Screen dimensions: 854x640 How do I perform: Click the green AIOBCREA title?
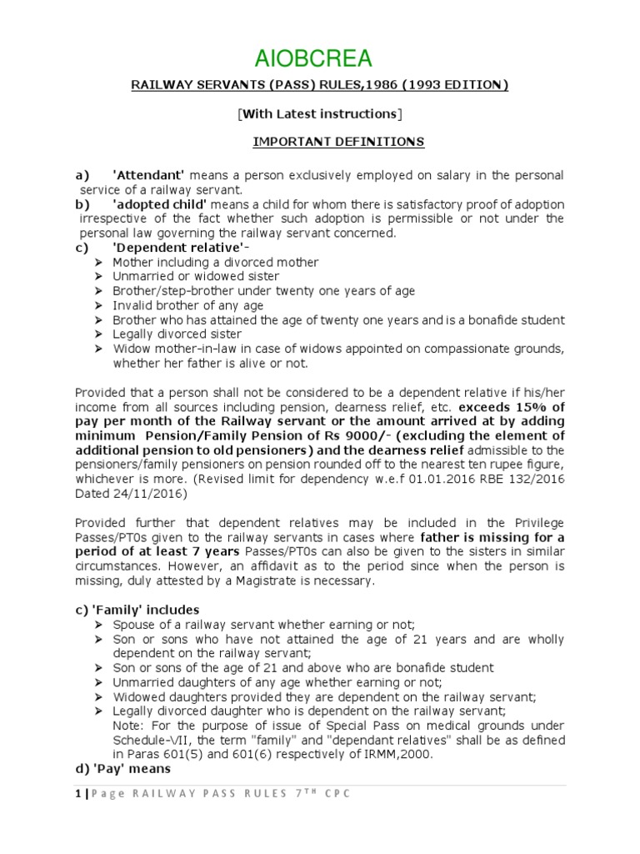pos(320,58)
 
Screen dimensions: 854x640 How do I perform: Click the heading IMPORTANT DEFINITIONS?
pos(338,143)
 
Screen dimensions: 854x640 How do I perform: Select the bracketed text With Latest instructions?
pos(320,113)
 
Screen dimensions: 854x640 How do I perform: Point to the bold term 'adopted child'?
pos(155,204)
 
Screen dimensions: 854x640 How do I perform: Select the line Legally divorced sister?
pos(178,334)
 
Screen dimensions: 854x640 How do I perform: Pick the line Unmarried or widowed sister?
pos(196,277)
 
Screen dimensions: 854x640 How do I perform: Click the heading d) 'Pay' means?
pos(122,770)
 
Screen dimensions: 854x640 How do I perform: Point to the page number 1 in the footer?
pos(77,793)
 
